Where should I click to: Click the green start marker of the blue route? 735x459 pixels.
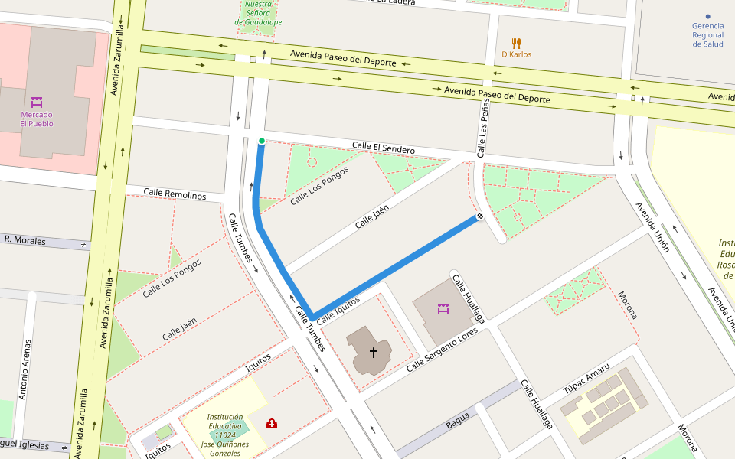pos(262,141)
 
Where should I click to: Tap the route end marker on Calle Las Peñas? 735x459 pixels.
pos(480,217)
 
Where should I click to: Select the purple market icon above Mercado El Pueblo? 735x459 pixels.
pos(37,102)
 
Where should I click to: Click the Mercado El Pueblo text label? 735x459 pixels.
pos(37,119)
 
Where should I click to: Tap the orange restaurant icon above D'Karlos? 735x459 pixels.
pos(517,43)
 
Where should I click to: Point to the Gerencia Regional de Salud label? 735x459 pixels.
pos(707,34)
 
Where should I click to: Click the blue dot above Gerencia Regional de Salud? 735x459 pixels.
pos(707,16)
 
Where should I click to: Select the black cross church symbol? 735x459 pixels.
pos(374,352)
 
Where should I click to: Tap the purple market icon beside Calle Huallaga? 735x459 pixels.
pos(443,309)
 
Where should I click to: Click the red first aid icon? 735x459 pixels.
pos(272,423)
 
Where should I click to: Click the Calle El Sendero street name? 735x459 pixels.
pos(383,147)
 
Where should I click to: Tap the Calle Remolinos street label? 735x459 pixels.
pos(175,194)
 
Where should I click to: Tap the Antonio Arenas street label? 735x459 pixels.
pos(24,369)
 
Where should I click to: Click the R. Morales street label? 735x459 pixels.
pos(24,240)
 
